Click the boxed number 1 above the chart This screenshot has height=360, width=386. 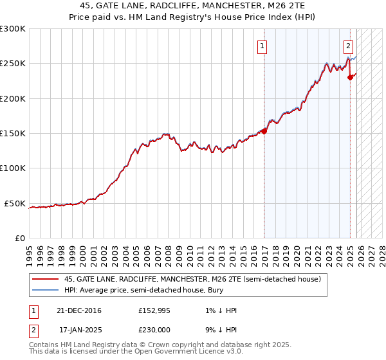(x=263, y=46)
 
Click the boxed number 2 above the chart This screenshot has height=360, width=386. (x=348, y=46)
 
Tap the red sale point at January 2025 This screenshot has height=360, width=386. (x=350, y=77)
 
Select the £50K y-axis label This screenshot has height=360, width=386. (x=15, y=204)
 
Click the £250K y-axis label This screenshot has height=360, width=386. (x=13, y=64)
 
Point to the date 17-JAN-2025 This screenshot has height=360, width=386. (x=80, y=328)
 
